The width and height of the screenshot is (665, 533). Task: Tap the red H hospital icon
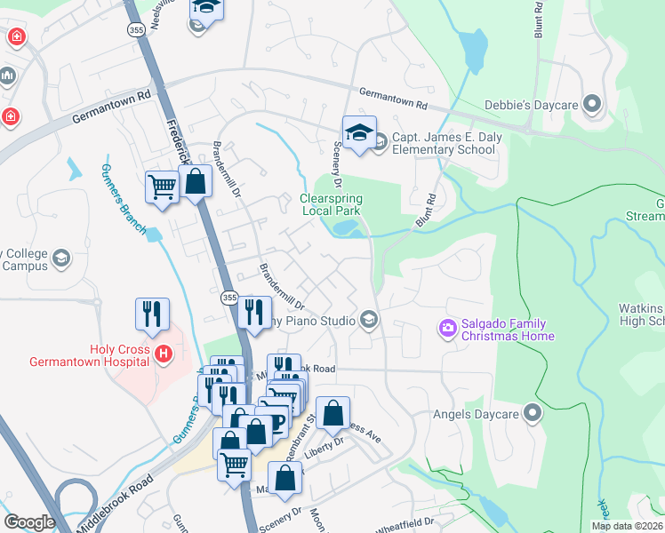point(163,354)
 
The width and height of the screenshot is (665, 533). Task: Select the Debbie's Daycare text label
point(531,106)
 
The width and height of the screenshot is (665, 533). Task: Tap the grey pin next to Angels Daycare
point(533,412)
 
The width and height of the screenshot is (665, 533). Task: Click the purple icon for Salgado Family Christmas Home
point(448,330)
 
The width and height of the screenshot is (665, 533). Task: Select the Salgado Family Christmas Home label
point(506,330)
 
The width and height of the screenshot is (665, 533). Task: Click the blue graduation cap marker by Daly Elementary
point(359,134)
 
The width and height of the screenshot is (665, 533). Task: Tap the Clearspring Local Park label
point(330,204)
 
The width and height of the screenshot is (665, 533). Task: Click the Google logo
point(29,522)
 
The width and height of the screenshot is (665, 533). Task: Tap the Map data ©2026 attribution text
point(628,526)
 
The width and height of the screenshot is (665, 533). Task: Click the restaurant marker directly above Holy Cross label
point(152,314)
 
